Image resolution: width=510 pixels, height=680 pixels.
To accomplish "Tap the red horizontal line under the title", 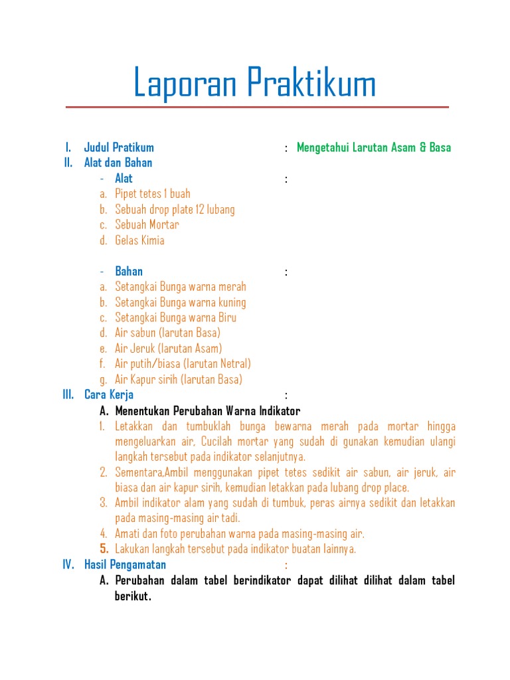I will (257, 107).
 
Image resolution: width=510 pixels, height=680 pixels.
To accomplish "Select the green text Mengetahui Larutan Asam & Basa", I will (373, 147).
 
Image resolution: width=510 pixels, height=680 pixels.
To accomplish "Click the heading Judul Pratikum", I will (119, 147).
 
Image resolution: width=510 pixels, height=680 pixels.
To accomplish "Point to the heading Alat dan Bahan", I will (118, 163).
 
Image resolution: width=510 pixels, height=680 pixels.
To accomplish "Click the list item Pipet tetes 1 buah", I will (152, 194).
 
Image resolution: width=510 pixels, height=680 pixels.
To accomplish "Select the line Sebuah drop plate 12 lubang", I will (175, 209).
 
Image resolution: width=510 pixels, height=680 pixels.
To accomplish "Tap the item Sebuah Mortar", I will (147, 224).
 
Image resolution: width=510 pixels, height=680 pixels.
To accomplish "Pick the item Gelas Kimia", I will (139, 240).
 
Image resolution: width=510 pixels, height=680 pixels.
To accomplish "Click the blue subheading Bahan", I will (129, 271).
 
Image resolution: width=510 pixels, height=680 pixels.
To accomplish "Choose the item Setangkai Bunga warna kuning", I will (180, 302).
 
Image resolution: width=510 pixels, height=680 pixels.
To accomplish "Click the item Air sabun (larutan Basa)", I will (167, 333).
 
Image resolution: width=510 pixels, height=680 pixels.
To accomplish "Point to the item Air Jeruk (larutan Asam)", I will (168, 349).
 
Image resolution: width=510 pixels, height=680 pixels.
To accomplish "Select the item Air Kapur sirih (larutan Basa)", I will (179, 380).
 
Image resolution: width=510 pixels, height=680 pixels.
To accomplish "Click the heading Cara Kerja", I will (109, 394).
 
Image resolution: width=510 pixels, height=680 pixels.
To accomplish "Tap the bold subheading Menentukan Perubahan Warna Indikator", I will (207, 410).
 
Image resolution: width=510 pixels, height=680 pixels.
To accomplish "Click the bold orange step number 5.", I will (104, 549).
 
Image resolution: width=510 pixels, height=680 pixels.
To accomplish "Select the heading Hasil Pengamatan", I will (125, 564).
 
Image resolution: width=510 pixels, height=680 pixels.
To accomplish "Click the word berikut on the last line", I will (132, 596).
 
